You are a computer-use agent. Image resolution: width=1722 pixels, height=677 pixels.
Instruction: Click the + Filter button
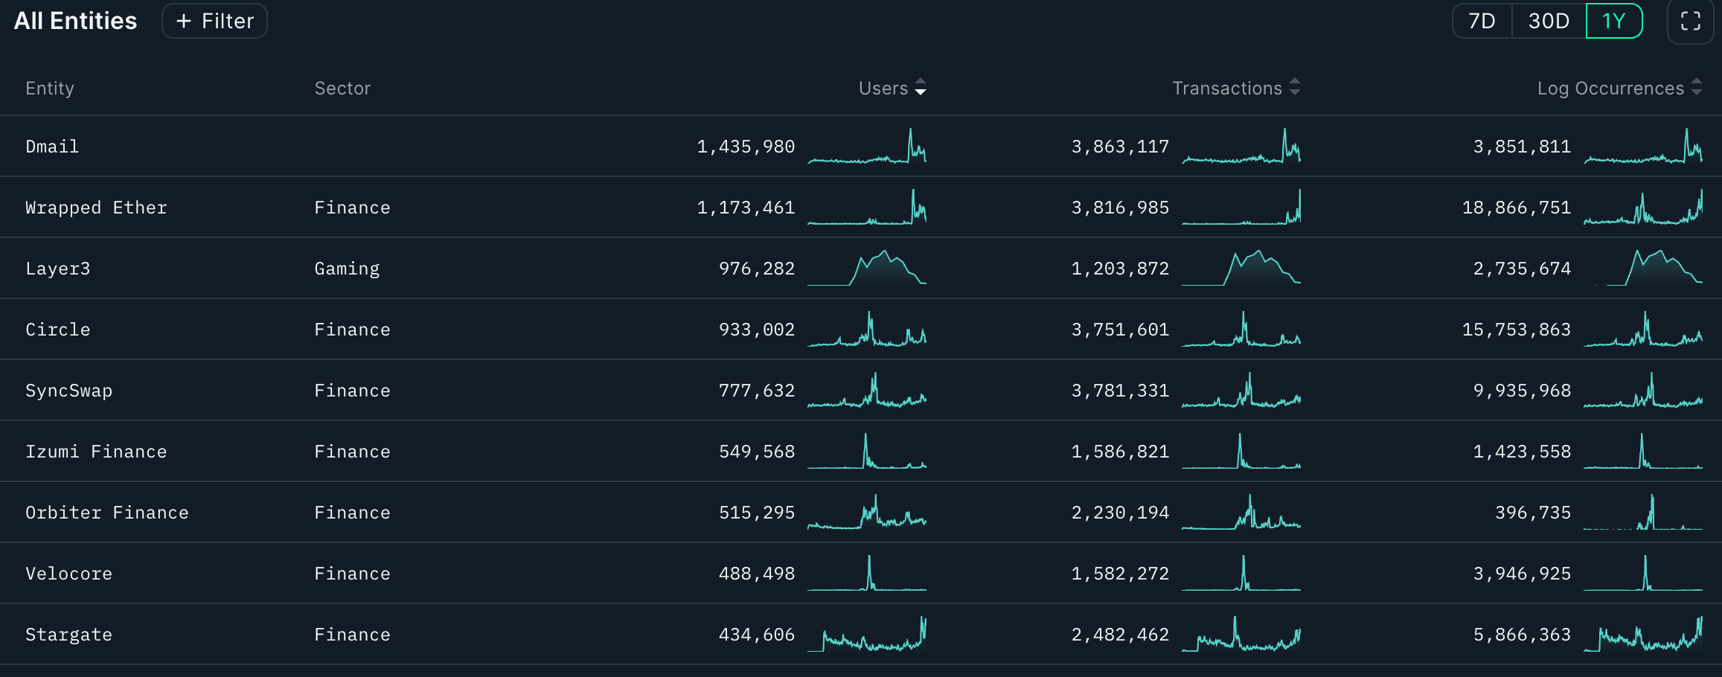pos(214,21)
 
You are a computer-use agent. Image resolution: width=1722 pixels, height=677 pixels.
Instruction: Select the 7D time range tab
pos(1482,21)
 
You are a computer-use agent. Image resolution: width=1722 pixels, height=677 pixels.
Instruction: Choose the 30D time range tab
pos(1549,21)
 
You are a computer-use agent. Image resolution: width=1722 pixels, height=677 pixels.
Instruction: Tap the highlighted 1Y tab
pos(1613,21)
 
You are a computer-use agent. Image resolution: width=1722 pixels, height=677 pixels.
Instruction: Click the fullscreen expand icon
pos(1690,21)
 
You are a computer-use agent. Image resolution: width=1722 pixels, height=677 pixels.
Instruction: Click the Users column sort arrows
pos(921,88)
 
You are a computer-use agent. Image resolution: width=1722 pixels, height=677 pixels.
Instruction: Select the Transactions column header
pos(1227,88)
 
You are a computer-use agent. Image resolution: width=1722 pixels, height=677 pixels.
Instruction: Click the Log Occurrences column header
pos(1610,88)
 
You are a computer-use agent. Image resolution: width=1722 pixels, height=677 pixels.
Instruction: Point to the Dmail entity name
pos(52,147)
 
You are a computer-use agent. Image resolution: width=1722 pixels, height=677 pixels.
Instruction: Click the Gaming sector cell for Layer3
pos(347,269)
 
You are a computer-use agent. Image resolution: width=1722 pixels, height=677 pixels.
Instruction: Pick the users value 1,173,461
pos(746,208)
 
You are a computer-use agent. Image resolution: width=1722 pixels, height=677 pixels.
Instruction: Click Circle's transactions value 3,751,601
pos(1120,330)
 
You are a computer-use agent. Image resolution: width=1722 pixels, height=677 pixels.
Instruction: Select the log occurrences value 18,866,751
pos(1516,208)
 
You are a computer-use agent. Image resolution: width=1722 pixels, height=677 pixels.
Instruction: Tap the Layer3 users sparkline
pos(867,269)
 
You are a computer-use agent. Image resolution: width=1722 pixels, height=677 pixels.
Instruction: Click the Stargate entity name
pos(68,635)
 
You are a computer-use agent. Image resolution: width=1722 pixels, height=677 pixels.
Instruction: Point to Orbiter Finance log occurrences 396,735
pos(1533,513)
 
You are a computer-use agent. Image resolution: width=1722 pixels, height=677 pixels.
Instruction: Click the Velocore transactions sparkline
pos(1241,574)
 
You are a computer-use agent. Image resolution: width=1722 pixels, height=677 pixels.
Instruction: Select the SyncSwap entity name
pos(68,391)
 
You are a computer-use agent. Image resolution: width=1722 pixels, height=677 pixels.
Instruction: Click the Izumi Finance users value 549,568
pos(757,452)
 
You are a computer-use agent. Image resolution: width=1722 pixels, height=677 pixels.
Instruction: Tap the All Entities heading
pos(75,21)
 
